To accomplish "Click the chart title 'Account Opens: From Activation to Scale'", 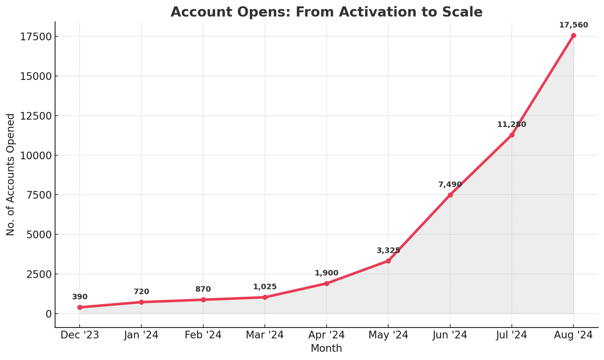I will (x=326, y=12).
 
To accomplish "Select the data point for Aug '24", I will (x=573, y=35).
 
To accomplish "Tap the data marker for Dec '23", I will (x=80, y=307).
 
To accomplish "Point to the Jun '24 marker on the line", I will (x=450, y=195).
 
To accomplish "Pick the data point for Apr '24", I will (x=327, y=283).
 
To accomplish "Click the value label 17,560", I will (x=573, y=25).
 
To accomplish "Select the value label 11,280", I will (x=512, y=125).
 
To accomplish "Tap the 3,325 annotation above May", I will (x=388, y=251).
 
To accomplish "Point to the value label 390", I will (x=80, y=297).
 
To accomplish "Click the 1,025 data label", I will (x=265, y=287).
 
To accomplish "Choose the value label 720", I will (x=141, y=292).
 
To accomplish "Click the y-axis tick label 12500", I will (x=36, y=116).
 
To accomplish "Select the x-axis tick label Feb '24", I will (x=203, y=335).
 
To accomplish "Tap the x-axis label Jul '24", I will (x=512, y=335).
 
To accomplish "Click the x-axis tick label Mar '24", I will (x=265, y=335).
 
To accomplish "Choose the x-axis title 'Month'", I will (x=326, y=348).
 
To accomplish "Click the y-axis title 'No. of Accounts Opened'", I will (x=11, y=174).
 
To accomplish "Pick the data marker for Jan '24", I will (x=141, y=302).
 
